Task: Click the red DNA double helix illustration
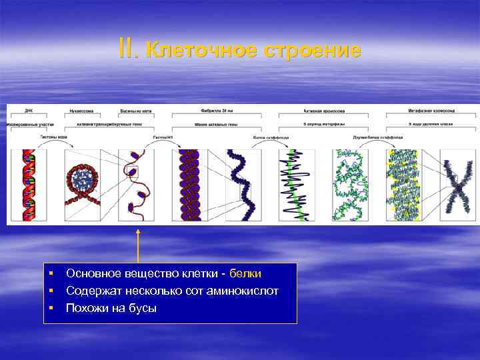point(28,185)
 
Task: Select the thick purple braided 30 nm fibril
point(189,185)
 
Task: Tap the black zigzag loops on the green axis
point(297,185)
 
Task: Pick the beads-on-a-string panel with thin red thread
point(136,185)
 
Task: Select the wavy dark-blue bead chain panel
point(243,185)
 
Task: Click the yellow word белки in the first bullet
point(245,274)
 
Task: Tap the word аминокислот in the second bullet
point(246,291)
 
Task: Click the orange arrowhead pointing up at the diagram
point(138,231)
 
